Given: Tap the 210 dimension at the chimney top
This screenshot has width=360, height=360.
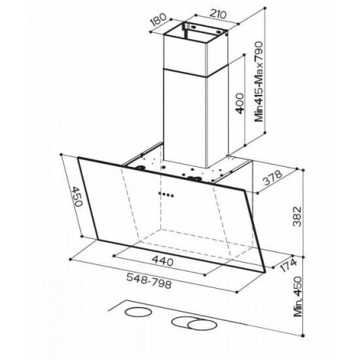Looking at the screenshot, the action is pyautogui.click(x=218, y=14).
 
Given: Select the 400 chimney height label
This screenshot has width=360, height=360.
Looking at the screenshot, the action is pyautogui.click(x=240, y=103).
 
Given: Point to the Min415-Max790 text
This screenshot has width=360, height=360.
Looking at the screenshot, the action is pyautogui.click(x=259, y=82).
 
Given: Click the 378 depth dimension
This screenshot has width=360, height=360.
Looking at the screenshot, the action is pyautogui.click(x=272, y=177).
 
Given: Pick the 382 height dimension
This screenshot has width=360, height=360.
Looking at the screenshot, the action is pyautogui.click(x=297, y=217).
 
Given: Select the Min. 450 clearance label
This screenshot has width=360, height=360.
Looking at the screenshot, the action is pyautogui.click(x=298, y=297).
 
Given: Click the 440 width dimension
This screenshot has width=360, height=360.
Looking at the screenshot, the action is pyautogui.click(x=162, y=261).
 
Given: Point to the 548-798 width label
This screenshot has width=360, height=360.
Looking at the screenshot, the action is pyautogui.click(x=149, y=281).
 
